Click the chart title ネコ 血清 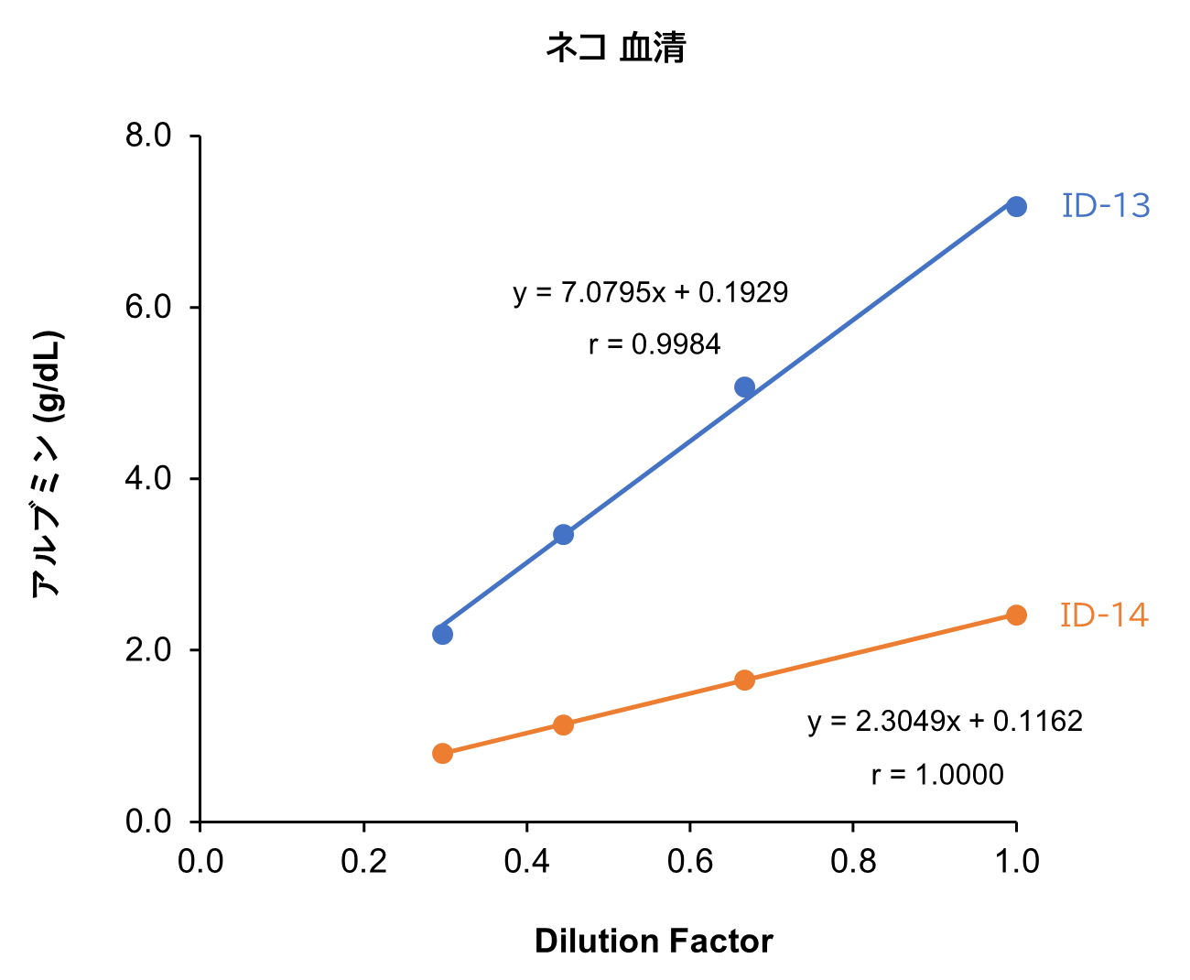[x=615, y=48]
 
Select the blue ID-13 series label [x=1105, y=206]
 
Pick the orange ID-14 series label [x=1103, y=615]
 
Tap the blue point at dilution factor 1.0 [x=1016, y=206]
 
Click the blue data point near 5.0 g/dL [x=744, y=387]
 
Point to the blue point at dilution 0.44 [x=563, y=534]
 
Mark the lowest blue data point [x=442, y=634]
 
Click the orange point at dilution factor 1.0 [x=1016, y=615]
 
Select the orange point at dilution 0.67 [x=744, y=680]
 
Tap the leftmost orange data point [x=442, y=753]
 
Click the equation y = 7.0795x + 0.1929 [x=650, y=293]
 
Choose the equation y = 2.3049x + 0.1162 [x=945, y=722]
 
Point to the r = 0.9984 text [x=654, y=345]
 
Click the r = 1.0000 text [x=936, y=775]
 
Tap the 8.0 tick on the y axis [x=148, y=136]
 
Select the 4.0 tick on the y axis [x=148, y=478]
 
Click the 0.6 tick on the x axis [x=690, y=861]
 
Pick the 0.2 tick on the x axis [x=363, y=861]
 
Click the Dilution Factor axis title [x=654, y=942]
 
